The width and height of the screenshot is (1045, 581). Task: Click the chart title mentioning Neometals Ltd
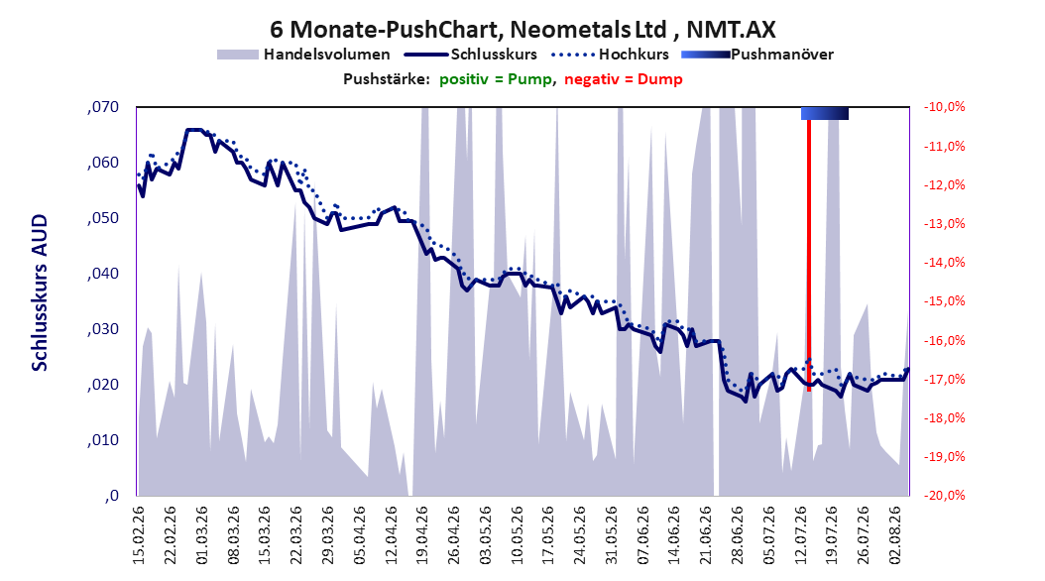click(522, 30)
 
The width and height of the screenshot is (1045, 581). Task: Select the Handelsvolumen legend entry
click(304, 55)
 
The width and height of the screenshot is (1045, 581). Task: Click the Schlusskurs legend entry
click(472, 55)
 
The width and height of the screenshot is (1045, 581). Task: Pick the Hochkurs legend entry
click(611, 55)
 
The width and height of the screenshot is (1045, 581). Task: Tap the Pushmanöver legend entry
click(757, 55)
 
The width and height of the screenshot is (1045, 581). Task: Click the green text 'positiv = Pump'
click(496, 79)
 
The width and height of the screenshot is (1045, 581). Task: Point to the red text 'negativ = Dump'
click(624, 79)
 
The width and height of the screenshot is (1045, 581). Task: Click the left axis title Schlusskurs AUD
click(40, 292)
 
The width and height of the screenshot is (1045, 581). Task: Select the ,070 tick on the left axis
click(103, 107)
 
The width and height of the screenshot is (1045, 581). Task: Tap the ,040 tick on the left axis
click(103, 274)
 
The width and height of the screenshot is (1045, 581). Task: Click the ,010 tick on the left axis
click(103, 440)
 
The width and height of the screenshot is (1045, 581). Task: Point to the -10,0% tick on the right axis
click(944, 107)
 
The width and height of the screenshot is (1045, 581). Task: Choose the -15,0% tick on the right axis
click(944, 301)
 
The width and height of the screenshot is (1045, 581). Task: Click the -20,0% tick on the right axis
click(944, 496)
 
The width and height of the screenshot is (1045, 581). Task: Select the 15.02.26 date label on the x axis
click(139, 535)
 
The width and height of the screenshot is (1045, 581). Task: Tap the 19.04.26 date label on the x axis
click(421, 535)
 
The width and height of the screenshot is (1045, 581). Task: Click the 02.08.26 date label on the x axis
click(895, 535)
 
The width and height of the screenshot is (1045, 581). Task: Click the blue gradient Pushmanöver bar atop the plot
click(825, 113)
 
